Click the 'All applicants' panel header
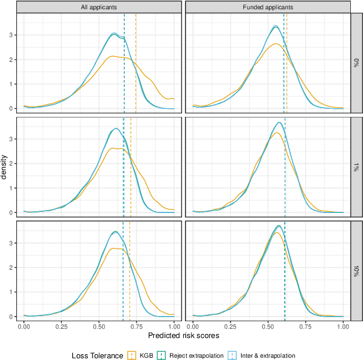click(99, 8)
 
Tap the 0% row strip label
click(357, 63)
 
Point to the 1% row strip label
click(357, 167)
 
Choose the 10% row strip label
click(357, 271)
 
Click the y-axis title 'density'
click(5, 167)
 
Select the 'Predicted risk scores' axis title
click(184, 335)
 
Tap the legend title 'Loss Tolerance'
click(97, 354)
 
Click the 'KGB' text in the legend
click(147, 354)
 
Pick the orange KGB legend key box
click(133, 354)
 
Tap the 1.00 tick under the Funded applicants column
click(343, 326)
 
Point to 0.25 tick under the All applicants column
click(62, 326)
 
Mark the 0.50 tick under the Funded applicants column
click(268, 326)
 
